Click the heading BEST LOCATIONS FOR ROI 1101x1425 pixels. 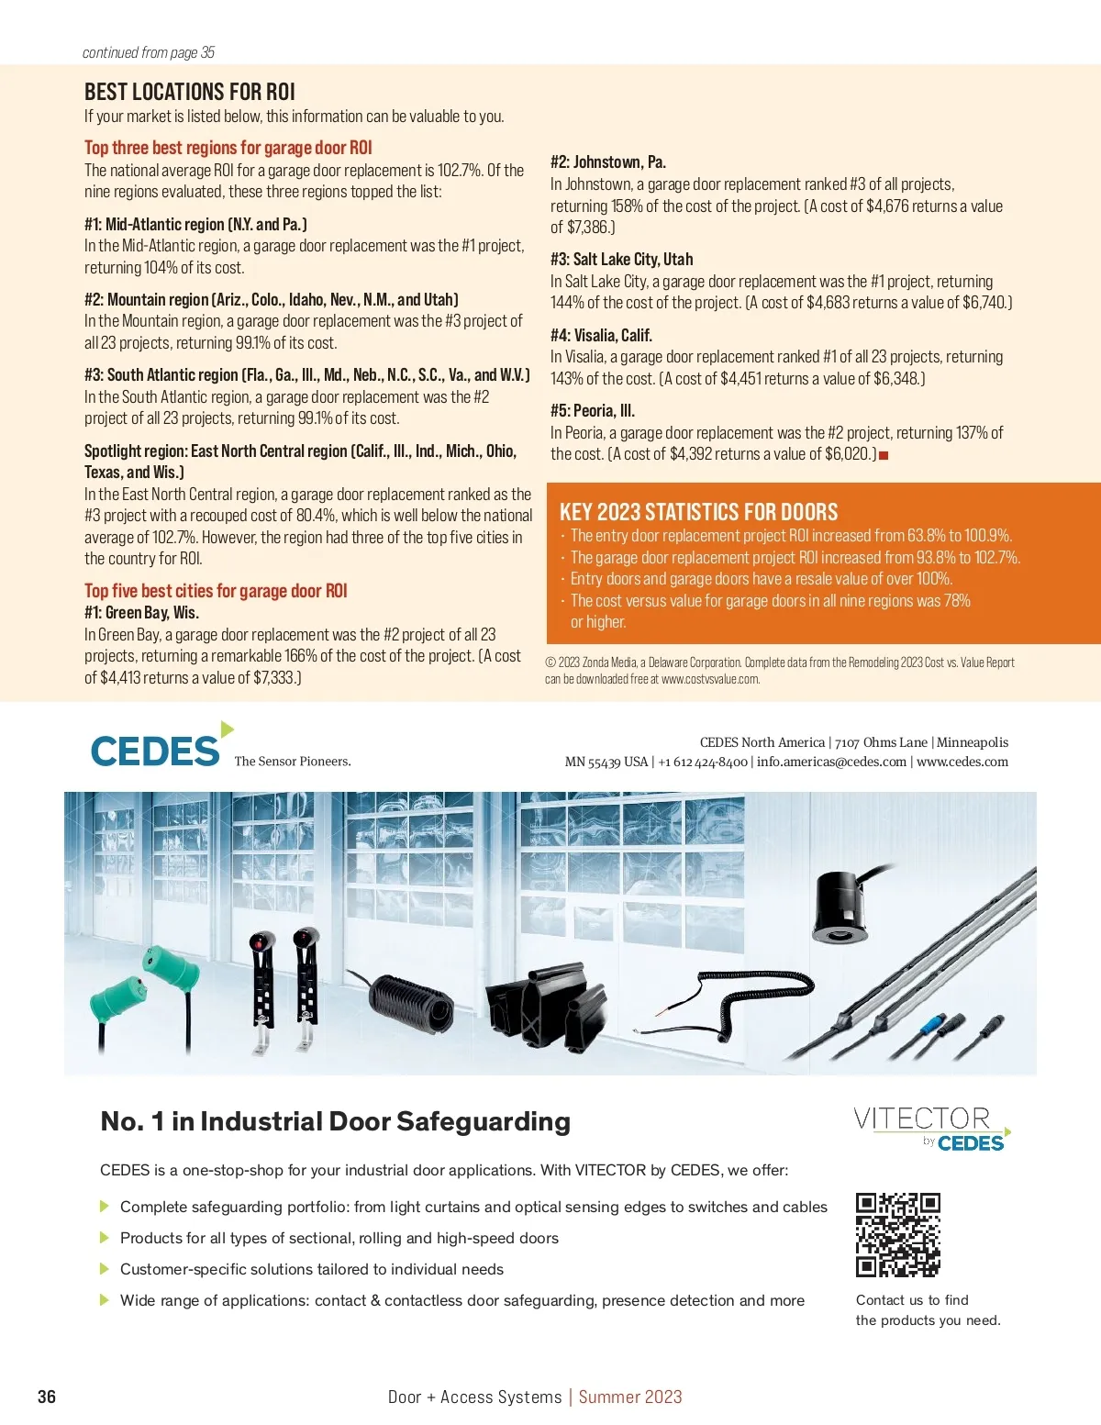[x=190, y=92]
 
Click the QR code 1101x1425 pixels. [x=897, y=1234]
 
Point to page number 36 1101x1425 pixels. [x=47, y=1397]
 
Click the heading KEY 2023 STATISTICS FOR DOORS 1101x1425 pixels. [x=698, y=512]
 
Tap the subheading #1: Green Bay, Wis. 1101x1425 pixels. [x=141, y=612]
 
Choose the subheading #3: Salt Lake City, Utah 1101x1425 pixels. [x=621, y=259]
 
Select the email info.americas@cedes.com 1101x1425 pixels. [x=831, y=762]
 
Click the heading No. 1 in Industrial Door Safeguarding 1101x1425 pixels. [x=335, y=1121]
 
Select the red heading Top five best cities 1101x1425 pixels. [x=216, y=591]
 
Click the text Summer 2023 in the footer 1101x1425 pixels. [x=630, y=1397]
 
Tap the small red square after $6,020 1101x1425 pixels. [x=884, y=455]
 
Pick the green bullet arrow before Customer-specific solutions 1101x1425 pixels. [x=105, y=1269]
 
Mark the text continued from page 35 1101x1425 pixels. [x=149, y=52]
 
